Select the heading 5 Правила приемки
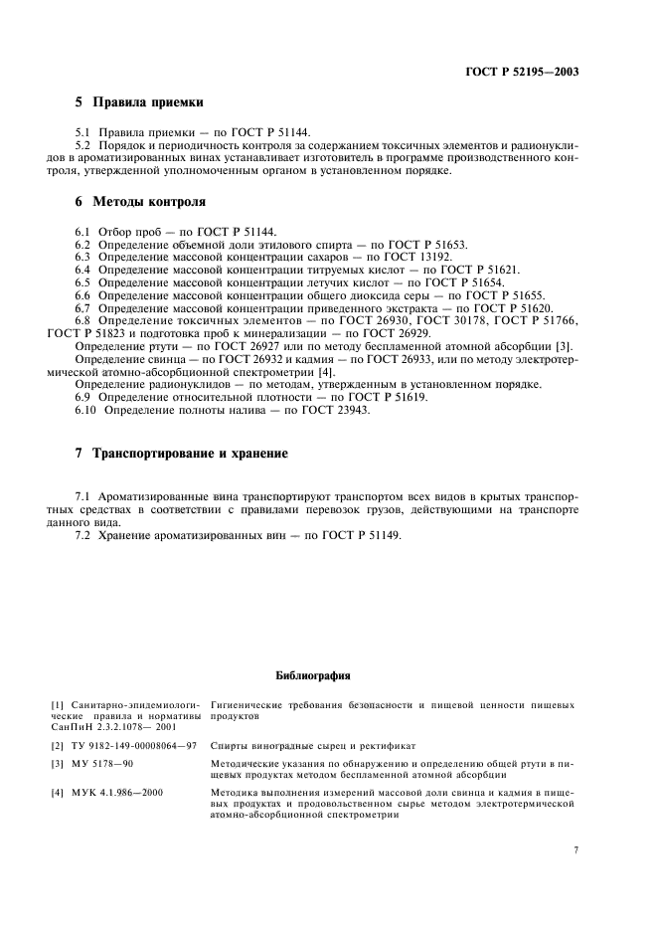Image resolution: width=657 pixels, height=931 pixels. click(x=139, y=102)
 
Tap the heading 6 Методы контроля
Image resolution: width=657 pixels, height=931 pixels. click(x=140, y=202)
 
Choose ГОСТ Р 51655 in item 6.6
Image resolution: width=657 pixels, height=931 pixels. click(x=508, y=295)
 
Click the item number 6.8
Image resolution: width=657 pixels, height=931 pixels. click(x=84, y=321)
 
